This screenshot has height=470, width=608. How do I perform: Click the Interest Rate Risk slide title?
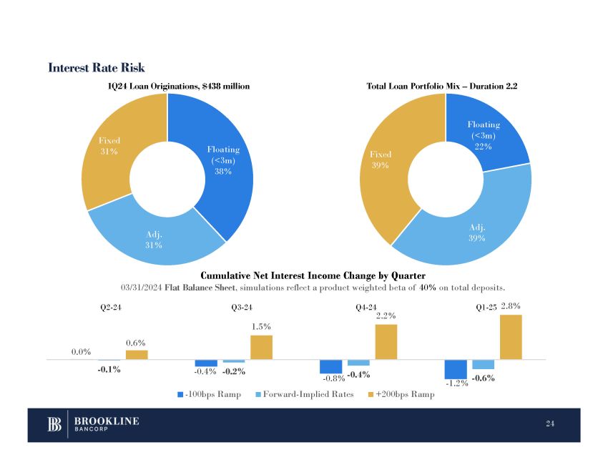97,68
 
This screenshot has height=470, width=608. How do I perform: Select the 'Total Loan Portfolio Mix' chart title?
441,86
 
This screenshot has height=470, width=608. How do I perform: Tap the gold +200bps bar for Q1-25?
511,337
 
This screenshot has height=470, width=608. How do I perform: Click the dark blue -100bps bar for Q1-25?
456,369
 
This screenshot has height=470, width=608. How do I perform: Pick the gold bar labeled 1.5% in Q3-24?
261,347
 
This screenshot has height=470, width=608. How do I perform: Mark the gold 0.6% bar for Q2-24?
137,354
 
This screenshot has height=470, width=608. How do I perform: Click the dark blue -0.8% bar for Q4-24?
330,366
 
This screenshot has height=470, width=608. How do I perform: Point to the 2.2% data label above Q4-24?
386,315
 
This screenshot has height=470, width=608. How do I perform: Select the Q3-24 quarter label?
242,309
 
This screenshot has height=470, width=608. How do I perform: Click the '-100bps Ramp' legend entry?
209,394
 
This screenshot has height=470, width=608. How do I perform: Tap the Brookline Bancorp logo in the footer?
94,425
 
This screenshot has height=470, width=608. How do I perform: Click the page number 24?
550,425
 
